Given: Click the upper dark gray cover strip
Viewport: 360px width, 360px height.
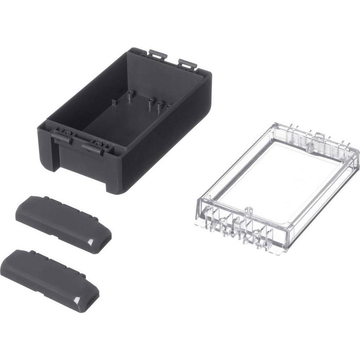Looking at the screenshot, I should [x=61, y=222].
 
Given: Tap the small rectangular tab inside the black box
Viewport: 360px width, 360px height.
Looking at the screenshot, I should [x=114, y=102].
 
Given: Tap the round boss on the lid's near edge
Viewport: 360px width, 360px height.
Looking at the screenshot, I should [x=248, y=210].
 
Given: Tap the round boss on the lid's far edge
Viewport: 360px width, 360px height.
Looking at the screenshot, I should [x=309, y=146].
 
